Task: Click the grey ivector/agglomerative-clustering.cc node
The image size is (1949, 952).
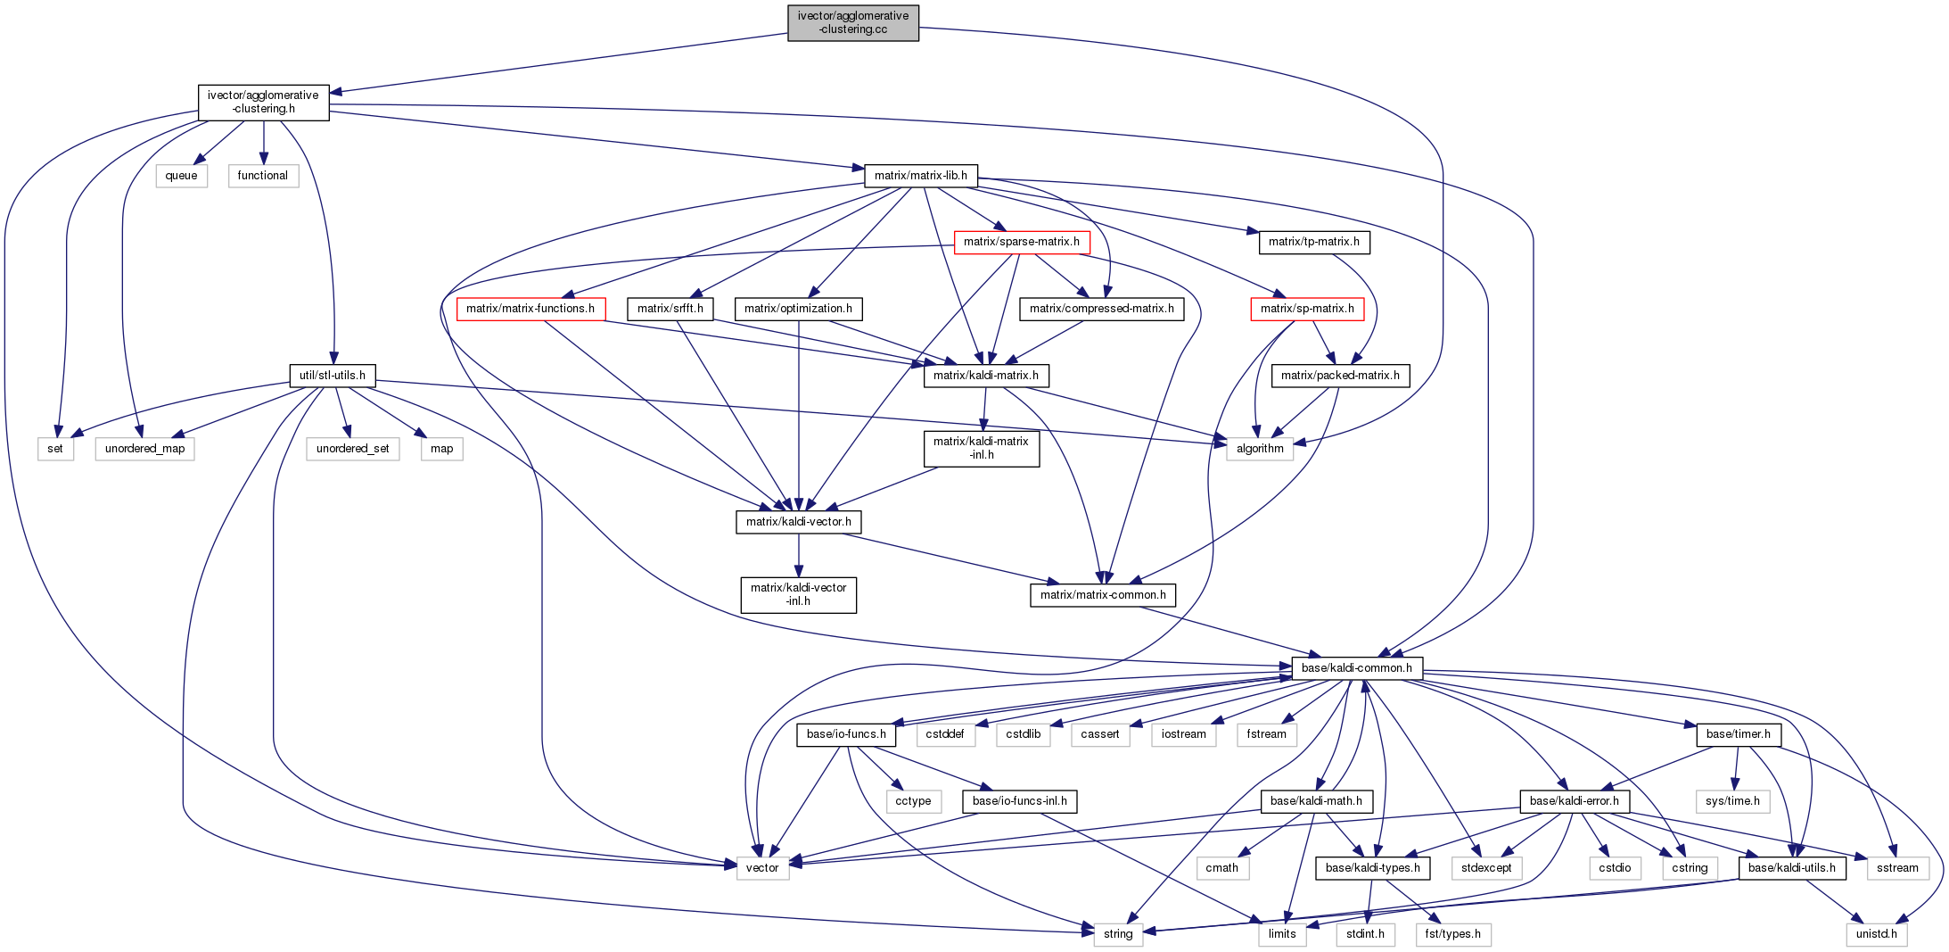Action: [852, 22]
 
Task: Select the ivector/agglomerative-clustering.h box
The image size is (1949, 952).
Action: [263, 102]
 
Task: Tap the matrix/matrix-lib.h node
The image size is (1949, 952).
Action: [920, 175]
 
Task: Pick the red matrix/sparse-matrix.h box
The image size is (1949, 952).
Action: [1021, 242]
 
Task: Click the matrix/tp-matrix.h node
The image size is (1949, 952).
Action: [1313, 242]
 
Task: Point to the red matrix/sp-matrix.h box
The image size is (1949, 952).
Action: [1306, 309]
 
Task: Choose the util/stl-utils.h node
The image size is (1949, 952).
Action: [332, 375]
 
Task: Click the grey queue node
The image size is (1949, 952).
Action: [181, 176]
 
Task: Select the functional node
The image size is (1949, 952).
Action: [262, 176]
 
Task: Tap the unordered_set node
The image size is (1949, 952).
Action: [352, 449]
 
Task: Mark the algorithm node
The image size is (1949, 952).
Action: [1259, 449]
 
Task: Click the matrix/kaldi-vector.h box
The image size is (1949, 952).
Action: [798, 522]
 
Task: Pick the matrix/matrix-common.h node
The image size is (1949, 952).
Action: [1102, 595]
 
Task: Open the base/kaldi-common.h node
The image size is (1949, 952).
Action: [1356, 667]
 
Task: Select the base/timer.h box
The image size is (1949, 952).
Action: [1738, 734]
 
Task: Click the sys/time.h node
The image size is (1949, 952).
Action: [1731, 801]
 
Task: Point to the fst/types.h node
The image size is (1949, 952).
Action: [1451, 934]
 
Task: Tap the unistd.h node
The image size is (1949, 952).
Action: [1876, 934]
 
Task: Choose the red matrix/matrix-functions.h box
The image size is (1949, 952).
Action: [530, 309]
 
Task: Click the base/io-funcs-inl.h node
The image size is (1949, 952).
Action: [1019, 801]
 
